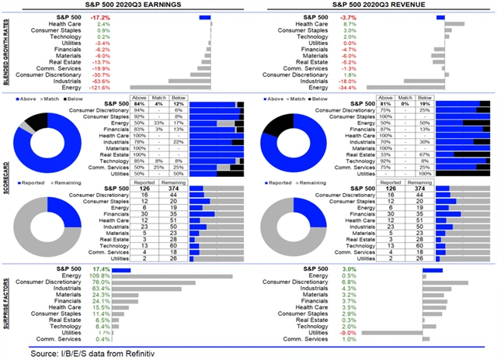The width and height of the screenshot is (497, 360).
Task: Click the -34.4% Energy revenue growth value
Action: [327, 87]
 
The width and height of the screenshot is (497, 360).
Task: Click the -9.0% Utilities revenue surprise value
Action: [327, 331]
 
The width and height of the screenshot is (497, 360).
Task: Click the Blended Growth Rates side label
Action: [5, 51]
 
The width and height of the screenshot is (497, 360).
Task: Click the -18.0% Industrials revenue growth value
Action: [327, 80]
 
